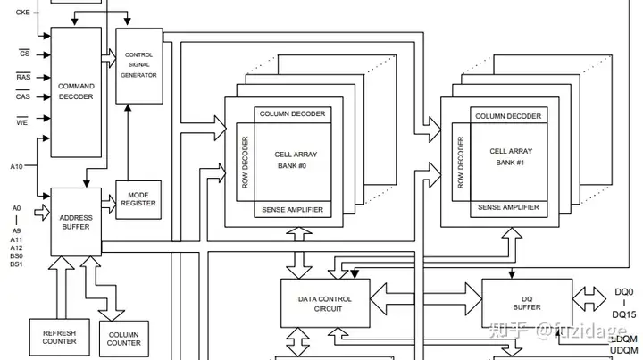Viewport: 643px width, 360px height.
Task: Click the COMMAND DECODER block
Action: click(76, 92)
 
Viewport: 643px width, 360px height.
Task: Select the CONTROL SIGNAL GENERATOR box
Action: click(139, 64)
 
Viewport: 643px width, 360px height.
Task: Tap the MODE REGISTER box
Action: click(139, 198)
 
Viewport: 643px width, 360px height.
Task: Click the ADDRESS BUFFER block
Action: click(76, 222)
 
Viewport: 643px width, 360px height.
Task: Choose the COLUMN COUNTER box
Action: click(124, 339)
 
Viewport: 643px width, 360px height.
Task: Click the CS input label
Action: click(24, 54)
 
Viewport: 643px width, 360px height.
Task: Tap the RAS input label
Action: click(24, 77)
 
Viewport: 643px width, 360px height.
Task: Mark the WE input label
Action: click(24, 122)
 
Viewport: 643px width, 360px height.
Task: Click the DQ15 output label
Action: click(623, 314)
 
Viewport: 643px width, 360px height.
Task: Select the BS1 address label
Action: click(16, 264)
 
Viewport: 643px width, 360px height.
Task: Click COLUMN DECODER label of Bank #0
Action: click(292, 114)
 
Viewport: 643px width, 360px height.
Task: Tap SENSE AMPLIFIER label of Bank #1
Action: click(508, 207)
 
